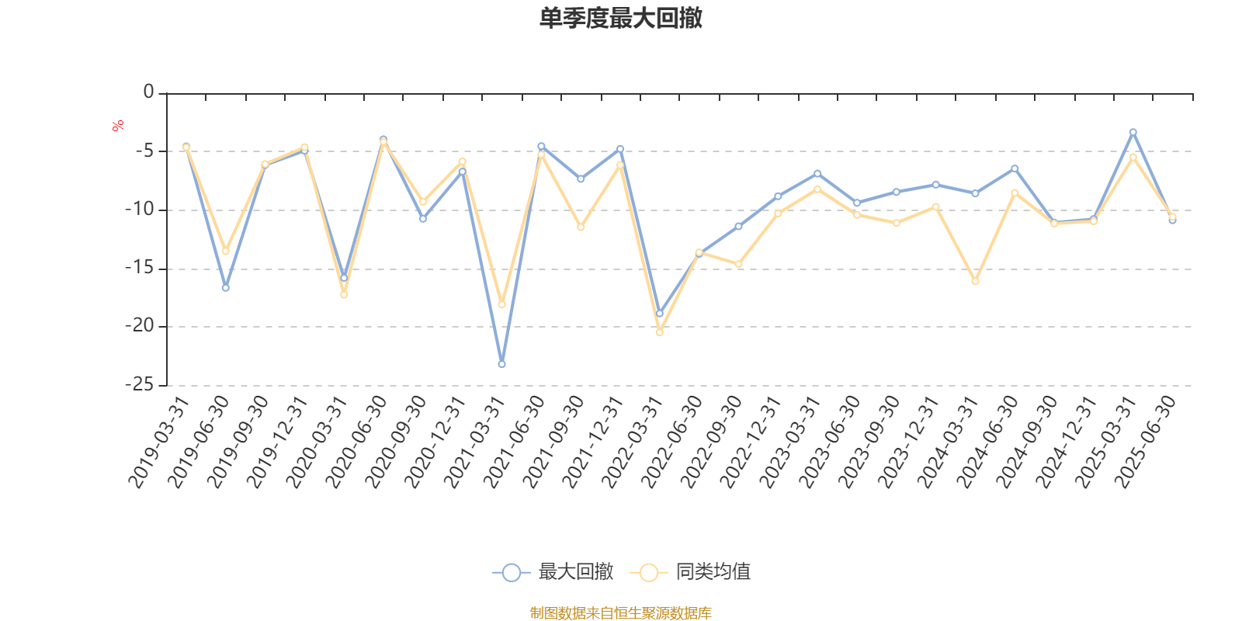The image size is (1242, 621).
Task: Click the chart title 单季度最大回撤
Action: click(x=621, y=19)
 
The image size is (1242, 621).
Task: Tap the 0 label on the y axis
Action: click(x=148, y=92)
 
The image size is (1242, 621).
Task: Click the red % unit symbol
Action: click(x=118, y=126)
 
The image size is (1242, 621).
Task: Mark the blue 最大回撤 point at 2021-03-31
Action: click(x=501, y=364)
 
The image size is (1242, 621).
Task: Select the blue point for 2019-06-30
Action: click(x=225, y=288)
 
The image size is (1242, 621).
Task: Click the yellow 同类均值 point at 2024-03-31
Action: click(x=975, y=281)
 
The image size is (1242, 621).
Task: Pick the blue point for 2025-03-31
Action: click(x=1133, y=132)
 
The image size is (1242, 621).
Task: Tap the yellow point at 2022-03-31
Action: click(x=660, y=332)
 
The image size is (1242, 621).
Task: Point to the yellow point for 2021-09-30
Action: click(x=581, y=227)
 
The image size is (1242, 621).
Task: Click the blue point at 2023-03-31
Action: click(x=817, y=173)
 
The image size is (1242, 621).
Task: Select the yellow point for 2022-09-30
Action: click(x=738, y=265)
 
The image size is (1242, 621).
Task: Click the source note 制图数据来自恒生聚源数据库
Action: click(x=621, y=613)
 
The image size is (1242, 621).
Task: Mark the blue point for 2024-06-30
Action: click(x=1015, y=168)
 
